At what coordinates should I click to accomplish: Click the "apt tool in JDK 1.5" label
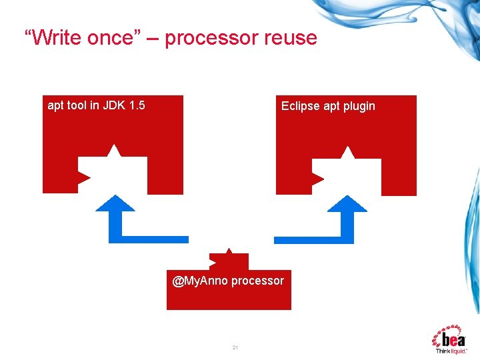pos(97,105)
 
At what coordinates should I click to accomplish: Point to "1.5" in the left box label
pos(137,105)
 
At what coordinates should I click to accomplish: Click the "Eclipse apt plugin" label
pos(328,106)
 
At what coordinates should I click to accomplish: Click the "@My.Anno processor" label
pos(228,281)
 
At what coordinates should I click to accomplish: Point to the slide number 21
pos(235,347)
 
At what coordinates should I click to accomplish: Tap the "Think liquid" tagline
pos(451,351)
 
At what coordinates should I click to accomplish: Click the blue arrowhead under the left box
pos(115,204)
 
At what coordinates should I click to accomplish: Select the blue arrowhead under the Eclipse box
pos(347,204)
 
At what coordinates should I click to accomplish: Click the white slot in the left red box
pos(113,175)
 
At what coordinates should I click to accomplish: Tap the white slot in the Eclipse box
pos(347,177)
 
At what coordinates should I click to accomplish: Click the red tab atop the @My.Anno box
pos(229,261)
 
